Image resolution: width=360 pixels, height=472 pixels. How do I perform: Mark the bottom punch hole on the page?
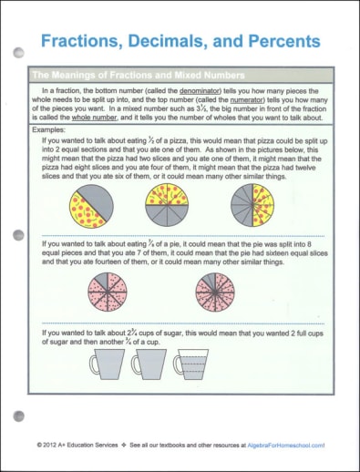coord(19,418)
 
